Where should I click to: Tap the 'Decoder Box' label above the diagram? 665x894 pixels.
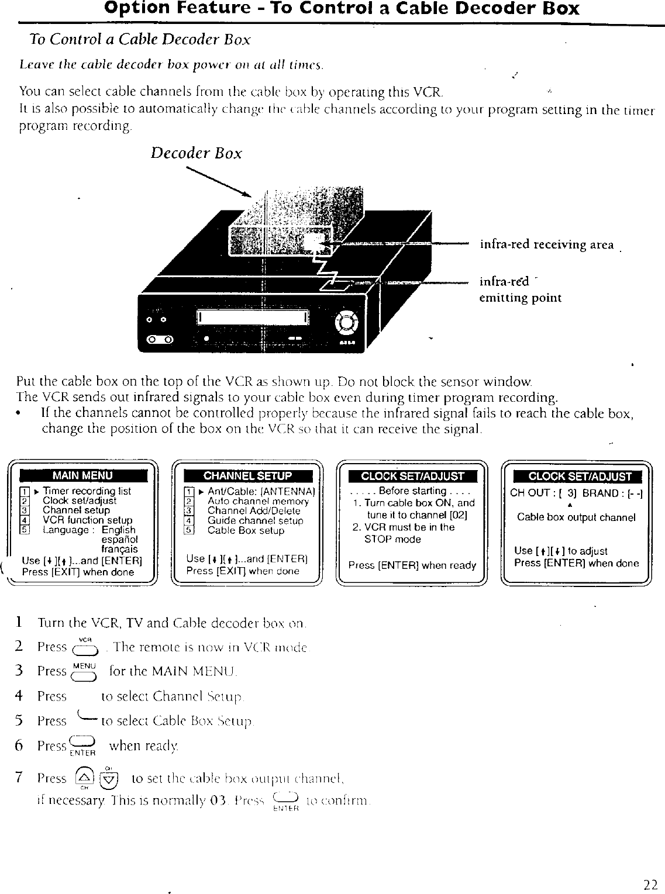(x=196, y=153)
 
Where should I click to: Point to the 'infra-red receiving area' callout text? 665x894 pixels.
(x=546, y=244)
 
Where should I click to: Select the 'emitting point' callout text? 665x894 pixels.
(x=521, y=298)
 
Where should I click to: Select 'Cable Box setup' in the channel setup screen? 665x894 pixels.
(x=246, y=530)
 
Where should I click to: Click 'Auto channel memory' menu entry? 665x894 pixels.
(x=258, y=501)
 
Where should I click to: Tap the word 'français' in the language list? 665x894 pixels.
(x=120, y=549)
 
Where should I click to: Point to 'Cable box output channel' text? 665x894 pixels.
(x=576, y=517)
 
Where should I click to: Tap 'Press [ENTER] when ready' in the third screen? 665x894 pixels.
(x=412, y=565)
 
